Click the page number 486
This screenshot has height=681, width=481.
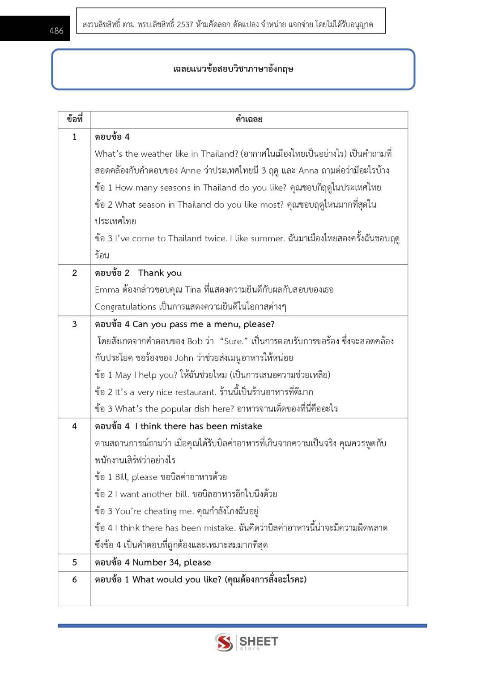(x=56, y=31)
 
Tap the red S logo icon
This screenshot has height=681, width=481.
(x=224, y=642)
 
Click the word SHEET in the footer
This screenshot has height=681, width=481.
(x=259, y=641)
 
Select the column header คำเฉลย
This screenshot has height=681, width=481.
(x=249, y=120)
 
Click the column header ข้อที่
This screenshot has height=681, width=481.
(x=74, y=120)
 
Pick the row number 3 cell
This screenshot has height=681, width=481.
(x=74, y=324)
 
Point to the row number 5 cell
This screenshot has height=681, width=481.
(x=74, y=562)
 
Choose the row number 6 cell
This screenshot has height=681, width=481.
(x=74, y=579)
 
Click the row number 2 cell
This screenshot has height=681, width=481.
(x=74, y=273)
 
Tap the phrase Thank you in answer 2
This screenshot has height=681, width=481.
(x=160, y=273)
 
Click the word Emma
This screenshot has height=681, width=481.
(x=107, y=290)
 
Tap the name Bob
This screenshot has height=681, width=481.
(x=195, y=341)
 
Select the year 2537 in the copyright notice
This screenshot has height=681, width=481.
(x=185, y=25)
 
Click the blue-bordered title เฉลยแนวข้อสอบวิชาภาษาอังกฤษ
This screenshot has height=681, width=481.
(x=233, y=69)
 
